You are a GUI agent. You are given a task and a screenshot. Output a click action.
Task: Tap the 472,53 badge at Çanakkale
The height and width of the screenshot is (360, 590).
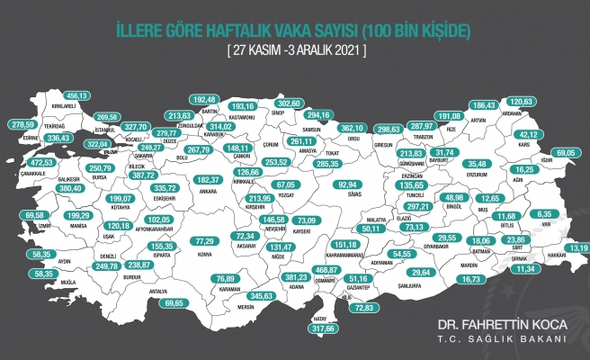coord(31,162)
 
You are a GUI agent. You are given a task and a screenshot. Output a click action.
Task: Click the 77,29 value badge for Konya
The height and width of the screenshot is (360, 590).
coord(206,242)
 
